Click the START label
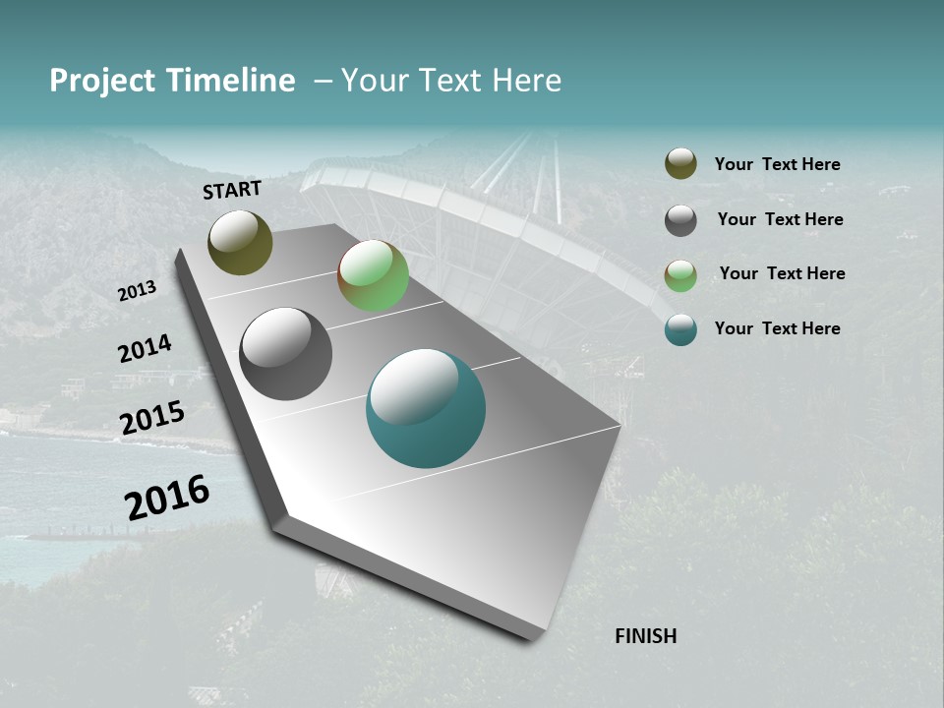click(232, 190)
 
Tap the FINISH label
click(646, 636)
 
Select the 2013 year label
click(138, 291)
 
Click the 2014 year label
click(146, 349)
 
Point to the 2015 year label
click(152, 418)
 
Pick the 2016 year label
click(167, 498)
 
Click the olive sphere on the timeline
click(240, 242)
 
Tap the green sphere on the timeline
click(373, 275)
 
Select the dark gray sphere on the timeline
click(285, 354)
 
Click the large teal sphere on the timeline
click(426, 408)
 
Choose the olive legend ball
click(680, 164)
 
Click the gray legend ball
click(680, 220)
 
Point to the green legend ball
click(680, 275)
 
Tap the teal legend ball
click(680, 329)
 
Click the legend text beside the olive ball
click(777, 164)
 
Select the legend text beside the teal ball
click(777, 328)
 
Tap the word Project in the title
click(103, 81)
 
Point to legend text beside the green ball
click(782, 273)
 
